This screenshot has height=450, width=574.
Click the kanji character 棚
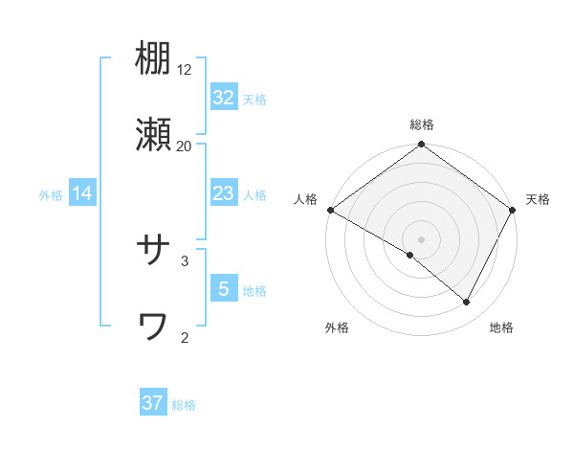pyautogui.click(x=153, y=59)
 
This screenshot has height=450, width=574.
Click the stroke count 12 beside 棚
pyautogui.click(x=185, y=69)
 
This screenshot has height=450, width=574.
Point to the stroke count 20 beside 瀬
pyautogui.click(x=185, y=146)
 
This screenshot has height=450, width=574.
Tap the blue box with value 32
pyautogui.click(x=223, y=98)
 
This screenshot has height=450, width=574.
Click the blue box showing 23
pyautogui.click(x=223, y=193)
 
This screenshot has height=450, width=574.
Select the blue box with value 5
pyautogui.click(x=223, y=289)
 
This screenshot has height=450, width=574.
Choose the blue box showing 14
pyautogui.click(x=82, y=193)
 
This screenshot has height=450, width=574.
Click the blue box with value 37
pyautogui.click(x=152, y=403)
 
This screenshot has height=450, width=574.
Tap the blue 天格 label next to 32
pyautogui.click(x=254, y=100)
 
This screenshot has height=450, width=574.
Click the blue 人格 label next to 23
pyautogui.click(x=254, y=195)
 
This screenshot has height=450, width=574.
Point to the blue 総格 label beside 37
pyautogui.click(x=184, y=405)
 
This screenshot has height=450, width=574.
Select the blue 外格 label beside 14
pyautogui.click(x=51, y=195)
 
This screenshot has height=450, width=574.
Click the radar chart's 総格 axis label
pyautogui.click(x=422, y=124)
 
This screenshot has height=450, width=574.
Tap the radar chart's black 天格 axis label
pyautogui.click(x=538, y=199)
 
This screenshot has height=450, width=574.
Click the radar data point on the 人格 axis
pyautogui.click(x=330, y=210)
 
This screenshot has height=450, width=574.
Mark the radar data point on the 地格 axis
pyautogui.click(x=467, y=302)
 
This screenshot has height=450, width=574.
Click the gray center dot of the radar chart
pyautogui.click(x=422, y=238)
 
